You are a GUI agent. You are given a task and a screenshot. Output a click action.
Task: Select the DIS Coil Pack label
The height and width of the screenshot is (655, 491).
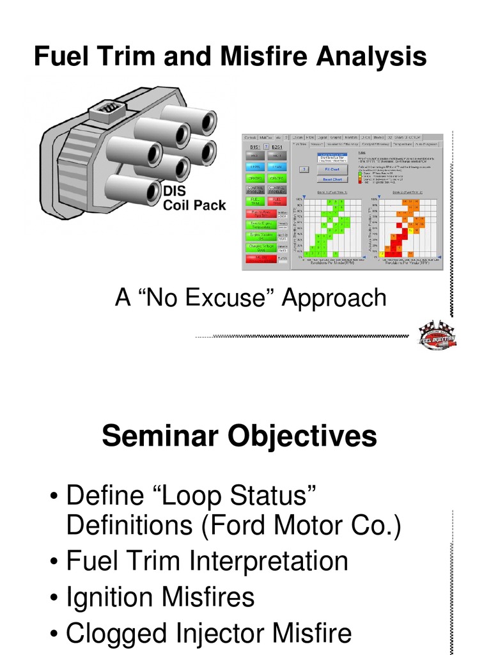[194, 198]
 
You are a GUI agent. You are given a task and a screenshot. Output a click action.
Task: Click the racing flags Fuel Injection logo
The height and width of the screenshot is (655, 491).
[437, 336]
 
